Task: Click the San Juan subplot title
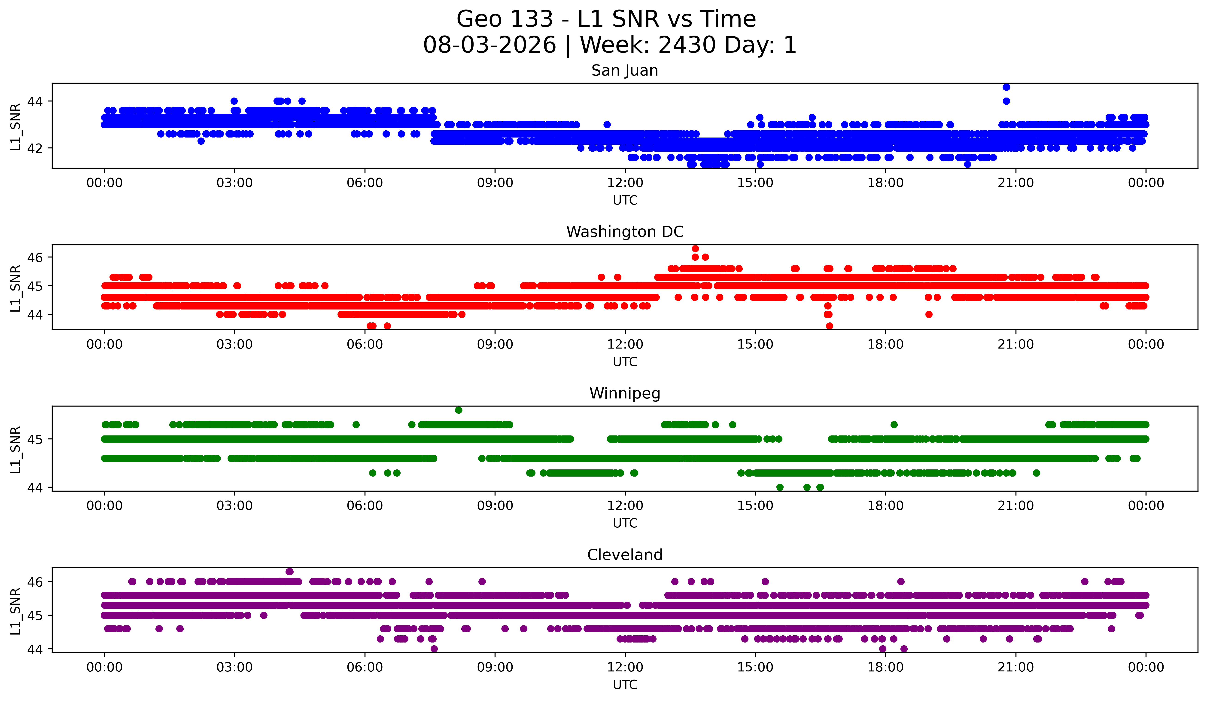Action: (x=625, y=70)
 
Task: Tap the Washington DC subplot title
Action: (x=625, y=232)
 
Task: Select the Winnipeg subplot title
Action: (x=625, y=393)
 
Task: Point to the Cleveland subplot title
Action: (x=625, y=555)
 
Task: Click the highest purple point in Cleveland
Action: (x=289, y=572)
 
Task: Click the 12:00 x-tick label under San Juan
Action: (x=625, y=183)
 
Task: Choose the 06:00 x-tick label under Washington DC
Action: (x=365, y=345)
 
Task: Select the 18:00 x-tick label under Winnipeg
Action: (x=886, y=506)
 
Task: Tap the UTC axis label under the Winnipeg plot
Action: (x=625, y=523)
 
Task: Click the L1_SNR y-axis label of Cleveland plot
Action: (x=15, y=611)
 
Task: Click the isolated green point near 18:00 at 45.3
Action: (x=894, y=425)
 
